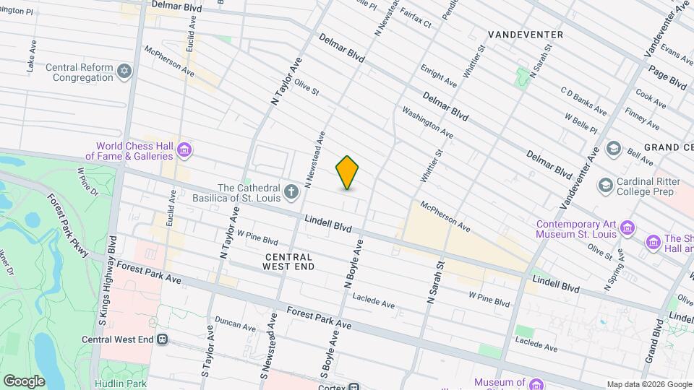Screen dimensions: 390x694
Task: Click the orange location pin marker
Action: point(347,173)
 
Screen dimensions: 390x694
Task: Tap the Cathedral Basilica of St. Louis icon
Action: point(291,191)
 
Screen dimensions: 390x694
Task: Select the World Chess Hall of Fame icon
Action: point(184,150)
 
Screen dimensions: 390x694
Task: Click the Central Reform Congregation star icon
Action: point(125,71)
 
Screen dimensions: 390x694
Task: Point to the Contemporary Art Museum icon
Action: point(628,229)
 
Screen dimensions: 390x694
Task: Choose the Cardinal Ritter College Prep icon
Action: point(605,185)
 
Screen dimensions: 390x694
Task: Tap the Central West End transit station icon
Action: point(163,339)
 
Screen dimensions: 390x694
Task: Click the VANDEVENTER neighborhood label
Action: point(525,34)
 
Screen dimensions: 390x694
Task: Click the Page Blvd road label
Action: point(667,74)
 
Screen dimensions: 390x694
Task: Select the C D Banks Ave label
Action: point(583,100)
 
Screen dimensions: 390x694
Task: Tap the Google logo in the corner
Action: point(24,381)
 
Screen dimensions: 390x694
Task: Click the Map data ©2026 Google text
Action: point(648,384)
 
